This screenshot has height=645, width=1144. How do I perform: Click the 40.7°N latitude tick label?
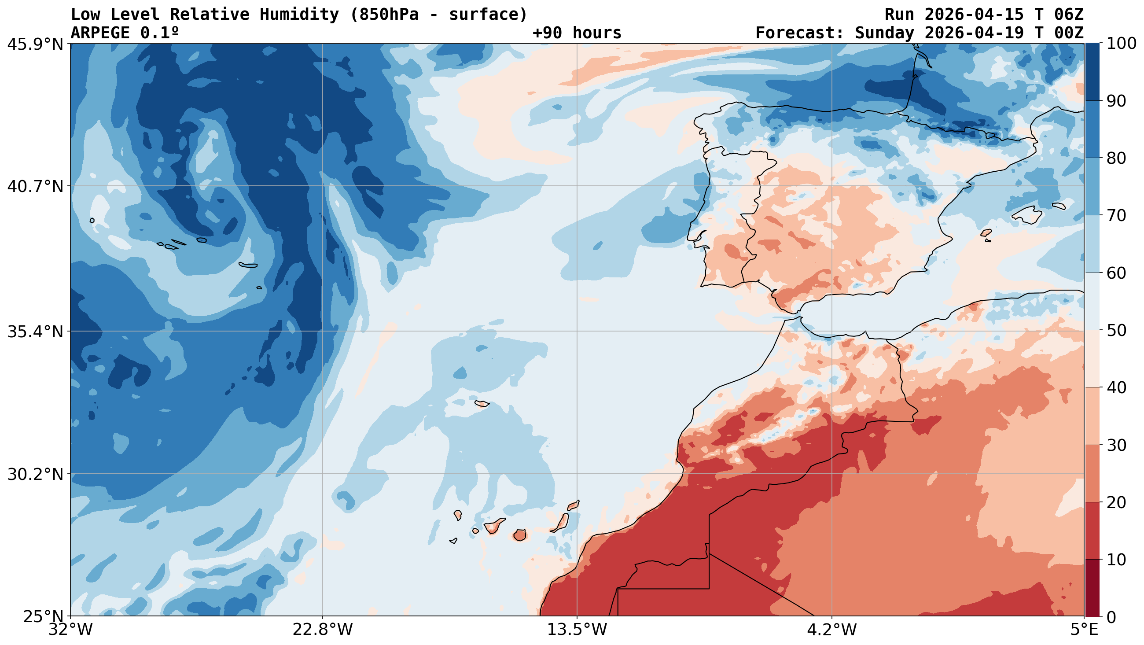35,186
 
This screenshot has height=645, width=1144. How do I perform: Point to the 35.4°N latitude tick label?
35,332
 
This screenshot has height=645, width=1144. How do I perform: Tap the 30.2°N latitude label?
35,475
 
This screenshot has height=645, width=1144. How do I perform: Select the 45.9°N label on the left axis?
35,44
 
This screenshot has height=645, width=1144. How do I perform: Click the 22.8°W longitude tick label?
322,630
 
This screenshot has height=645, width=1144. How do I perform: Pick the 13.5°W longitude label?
577,630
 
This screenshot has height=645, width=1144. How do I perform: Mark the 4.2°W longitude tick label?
831,630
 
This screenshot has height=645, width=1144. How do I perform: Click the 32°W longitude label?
71,630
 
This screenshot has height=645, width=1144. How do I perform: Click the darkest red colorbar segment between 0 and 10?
1092,588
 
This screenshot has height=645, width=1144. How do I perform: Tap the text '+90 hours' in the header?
577,33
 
